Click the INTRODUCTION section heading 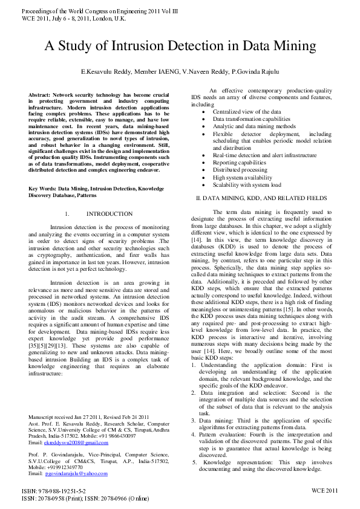(x=109, y=214)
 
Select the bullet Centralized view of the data (x=246, y=112)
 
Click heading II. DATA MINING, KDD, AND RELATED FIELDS (x=261, y=198)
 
